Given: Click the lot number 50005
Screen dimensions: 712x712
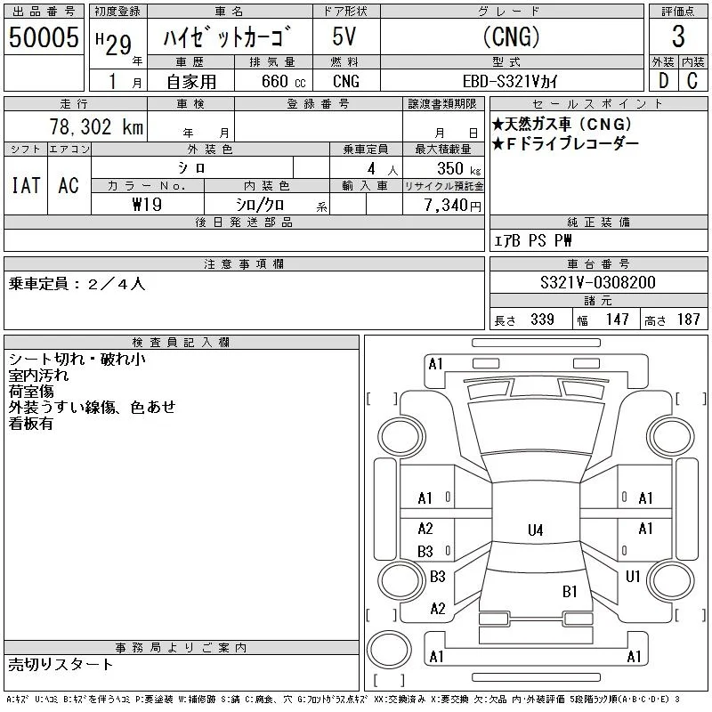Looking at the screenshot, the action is [x=44, y=37].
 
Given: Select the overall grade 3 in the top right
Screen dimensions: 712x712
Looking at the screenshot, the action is [x=678, y=36].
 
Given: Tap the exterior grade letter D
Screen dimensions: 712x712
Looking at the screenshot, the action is [x=663, y=81].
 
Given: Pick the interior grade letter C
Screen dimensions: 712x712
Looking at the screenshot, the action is [x=692, y=81].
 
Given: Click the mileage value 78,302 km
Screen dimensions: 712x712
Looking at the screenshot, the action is [x=96, y=126].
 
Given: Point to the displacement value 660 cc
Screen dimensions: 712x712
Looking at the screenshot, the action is [x=283, y=81].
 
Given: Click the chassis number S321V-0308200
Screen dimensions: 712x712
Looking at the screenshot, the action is [x=597, y=282].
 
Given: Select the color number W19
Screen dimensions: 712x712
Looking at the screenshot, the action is [x=147, y=205].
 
